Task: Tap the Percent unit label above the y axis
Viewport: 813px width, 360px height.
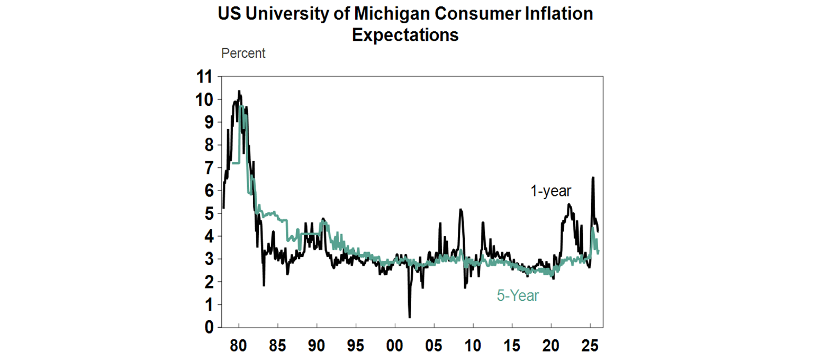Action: pos(243,53)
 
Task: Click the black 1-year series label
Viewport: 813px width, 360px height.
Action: pos(551,192)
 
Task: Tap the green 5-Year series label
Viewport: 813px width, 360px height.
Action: pos(518,295)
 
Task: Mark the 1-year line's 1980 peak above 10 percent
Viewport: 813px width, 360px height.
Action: pos(239,92)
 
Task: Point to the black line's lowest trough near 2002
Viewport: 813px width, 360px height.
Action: pos(410,317)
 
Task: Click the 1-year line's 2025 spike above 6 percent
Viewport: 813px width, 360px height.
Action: pos(593,178)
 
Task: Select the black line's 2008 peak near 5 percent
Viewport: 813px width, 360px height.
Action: pos(460,210)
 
